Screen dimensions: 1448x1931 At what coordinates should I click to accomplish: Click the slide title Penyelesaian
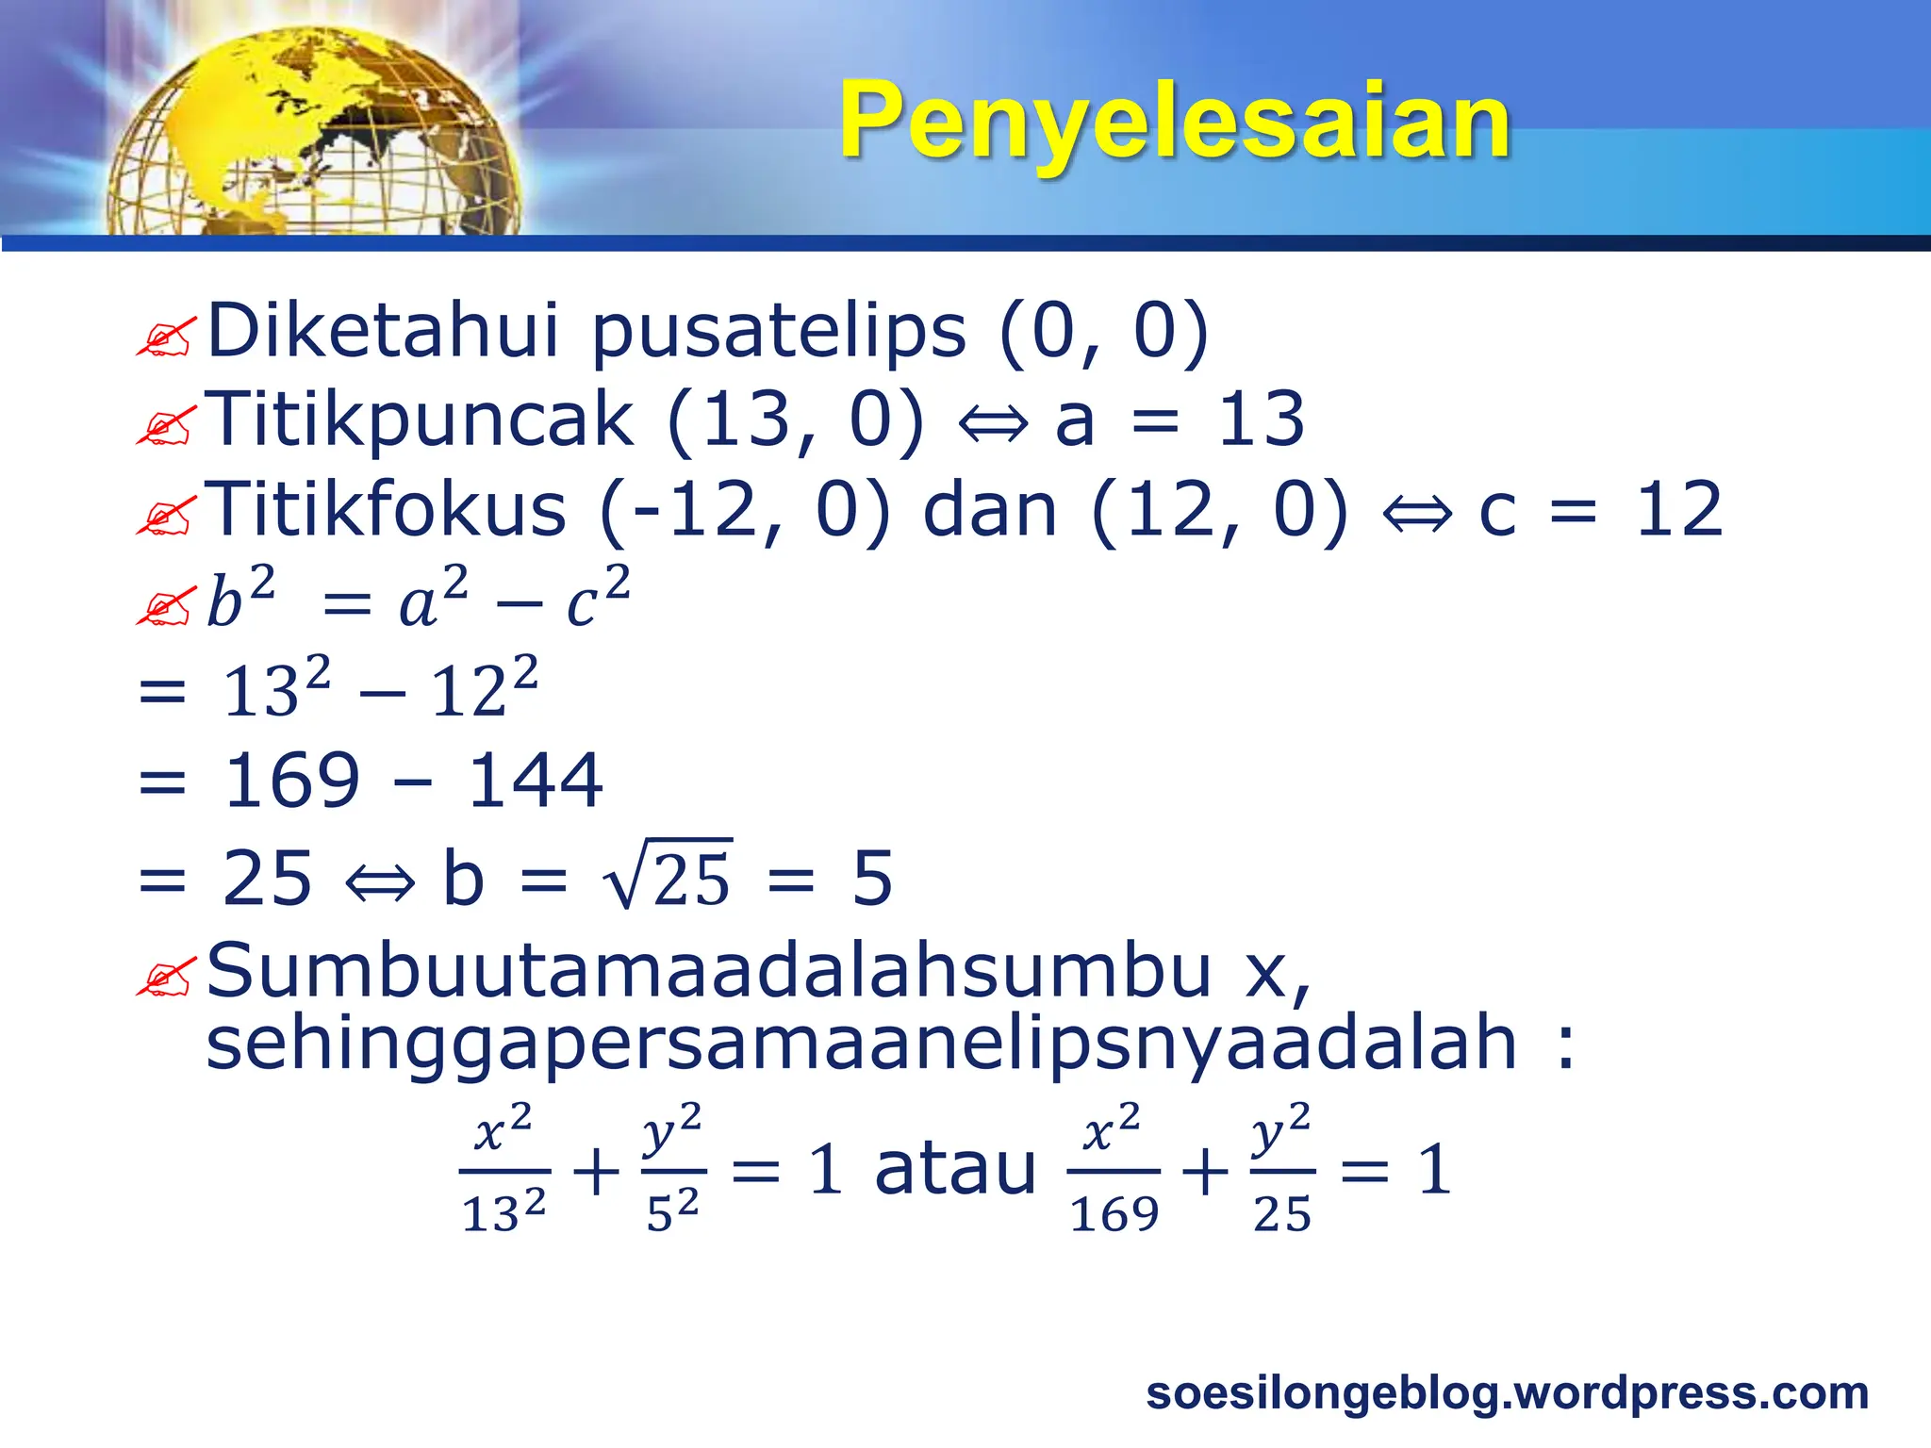point(1175,121)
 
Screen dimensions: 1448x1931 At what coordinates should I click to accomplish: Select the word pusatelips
point(779,332)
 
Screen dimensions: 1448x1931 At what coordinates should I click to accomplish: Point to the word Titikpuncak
point(419,420)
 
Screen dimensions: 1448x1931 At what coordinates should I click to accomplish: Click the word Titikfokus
point(387,509)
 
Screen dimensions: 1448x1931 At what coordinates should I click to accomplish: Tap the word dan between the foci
point(990,511)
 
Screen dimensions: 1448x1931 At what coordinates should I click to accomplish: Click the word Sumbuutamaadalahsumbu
point(708,971)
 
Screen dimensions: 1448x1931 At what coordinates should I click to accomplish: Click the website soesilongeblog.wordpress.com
point(1507,1392)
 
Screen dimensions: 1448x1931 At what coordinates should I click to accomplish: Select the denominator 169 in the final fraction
point(1114,1213)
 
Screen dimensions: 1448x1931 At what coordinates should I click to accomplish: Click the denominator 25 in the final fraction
point(1282,1213)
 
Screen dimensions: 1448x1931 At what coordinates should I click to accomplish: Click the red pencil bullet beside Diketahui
point(166,337)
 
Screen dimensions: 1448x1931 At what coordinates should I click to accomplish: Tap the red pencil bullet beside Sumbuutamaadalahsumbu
point(166,977)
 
